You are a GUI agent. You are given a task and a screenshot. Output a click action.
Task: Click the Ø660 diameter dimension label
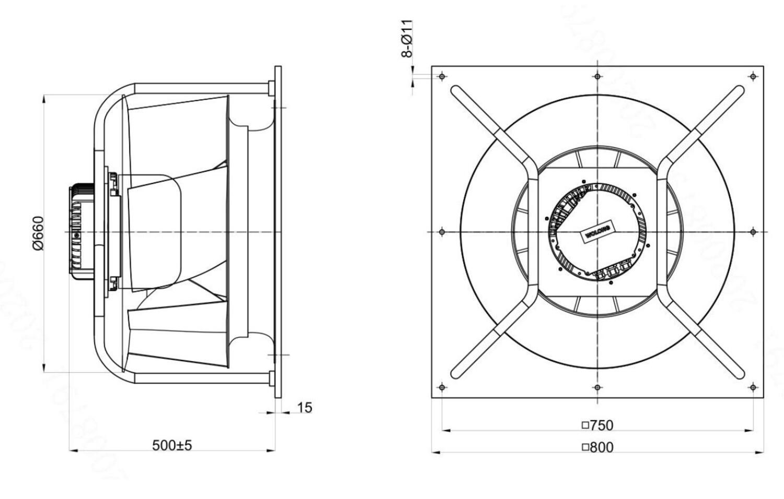(38, 233)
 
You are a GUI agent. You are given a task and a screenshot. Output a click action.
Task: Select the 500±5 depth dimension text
(172, 445)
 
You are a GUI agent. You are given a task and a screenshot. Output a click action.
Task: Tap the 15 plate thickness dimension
(305, 408)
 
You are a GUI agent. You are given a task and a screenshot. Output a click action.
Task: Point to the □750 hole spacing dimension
(597, 425)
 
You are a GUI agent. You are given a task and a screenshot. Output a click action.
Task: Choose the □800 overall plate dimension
(597, 447)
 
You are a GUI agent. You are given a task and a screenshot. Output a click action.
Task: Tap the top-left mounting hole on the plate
(442, 77)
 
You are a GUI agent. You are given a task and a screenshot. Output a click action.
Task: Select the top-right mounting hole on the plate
(753, 77)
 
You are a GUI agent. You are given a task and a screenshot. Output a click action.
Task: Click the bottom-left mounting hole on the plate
(442, 387)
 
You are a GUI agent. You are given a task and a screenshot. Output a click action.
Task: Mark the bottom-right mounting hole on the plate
(753, 387)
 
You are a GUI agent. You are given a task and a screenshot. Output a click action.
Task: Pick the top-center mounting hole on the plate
(597, 77)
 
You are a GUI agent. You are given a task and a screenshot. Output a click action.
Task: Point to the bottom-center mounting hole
(597, 387)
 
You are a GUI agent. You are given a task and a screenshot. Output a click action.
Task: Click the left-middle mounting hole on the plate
(442, 231)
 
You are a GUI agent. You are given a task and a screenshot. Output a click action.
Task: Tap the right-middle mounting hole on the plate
(753, 231)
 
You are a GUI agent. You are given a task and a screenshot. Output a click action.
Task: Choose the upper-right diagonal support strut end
(737, 92)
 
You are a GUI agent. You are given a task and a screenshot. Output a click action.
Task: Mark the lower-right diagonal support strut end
(737, 372)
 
